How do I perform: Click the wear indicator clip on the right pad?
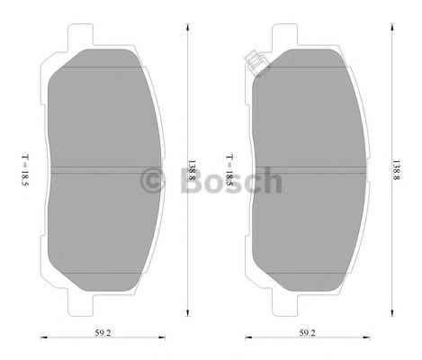[x=254, y=63]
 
